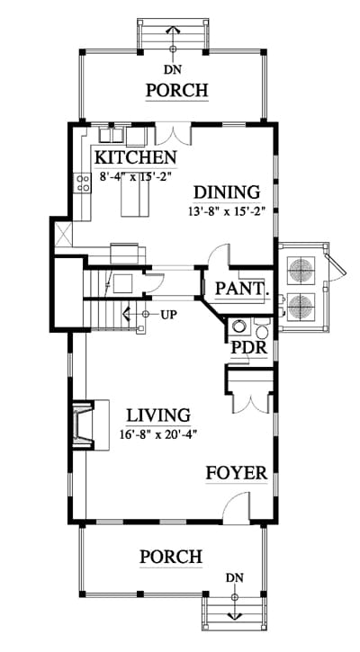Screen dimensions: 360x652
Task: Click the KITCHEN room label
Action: click(x=136, y=157)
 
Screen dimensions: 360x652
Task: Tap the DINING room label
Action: click(x=227, y=192)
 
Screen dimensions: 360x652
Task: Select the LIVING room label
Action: click(x=158, y=415)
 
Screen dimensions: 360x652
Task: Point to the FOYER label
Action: click(x=237, y=473)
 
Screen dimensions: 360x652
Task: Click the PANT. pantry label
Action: click(x=242, y=288)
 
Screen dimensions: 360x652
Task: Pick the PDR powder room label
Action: click(x=249, y=347)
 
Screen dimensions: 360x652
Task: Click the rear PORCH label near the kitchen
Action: click(x=176, y=90)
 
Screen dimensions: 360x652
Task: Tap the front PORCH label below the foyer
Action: click(x=171, y=557)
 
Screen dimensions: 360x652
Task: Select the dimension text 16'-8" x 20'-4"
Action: click(x=157, y=434)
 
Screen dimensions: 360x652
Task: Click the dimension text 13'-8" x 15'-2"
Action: click(x=227, y=211)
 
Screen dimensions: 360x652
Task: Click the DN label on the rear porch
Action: click(x=172, y=69)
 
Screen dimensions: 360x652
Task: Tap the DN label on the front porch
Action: click(x=235, y=577)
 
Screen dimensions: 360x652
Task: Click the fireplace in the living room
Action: click(x=84, y=424)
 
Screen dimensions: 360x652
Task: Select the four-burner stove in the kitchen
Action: click(x=83, y=183)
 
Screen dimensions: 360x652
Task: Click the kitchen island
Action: click(x=135, y=200)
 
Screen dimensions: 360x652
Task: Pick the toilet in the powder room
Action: click(x=262, y=329)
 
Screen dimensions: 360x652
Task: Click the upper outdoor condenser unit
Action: click(x=303, y=267)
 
